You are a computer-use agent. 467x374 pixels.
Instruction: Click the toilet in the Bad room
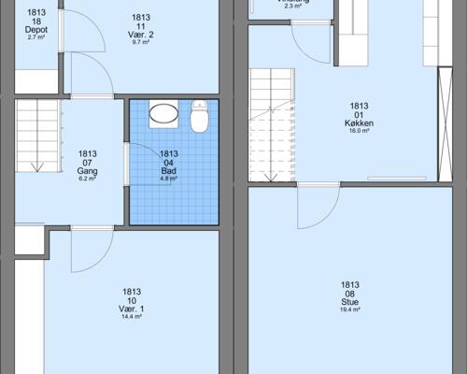pyautogui.click(x=199, y=119)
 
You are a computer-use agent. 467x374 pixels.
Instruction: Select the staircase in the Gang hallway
pyautogui.click(x=36, y=137)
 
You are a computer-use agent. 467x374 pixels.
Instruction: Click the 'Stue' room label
pyautogui.click(x=350, y=302)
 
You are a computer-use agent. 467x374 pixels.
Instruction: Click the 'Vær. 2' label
pyautogui.click(x=142, y=35)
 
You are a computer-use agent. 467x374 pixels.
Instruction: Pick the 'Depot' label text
pyautogui.click(x=36, y=29)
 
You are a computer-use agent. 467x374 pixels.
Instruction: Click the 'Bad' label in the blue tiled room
pyautogui.click(x=169, y=171)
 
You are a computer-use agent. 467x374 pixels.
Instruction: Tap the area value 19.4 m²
pyautogui.click(x=350, y=310)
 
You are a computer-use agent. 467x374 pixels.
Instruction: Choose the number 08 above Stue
pyautogui.click(x=350, y=294)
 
